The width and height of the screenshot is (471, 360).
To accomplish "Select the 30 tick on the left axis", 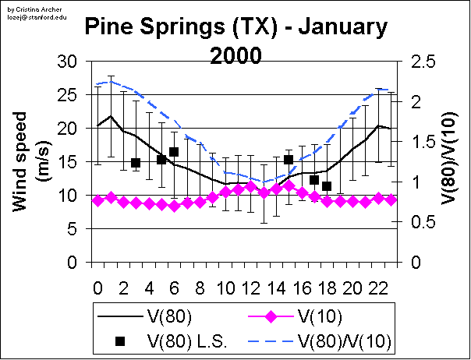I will (69, 62).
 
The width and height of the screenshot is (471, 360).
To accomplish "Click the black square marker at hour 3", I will (136, 163).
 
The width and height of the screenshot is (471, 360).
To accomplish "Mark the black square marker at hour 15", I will (289, 160).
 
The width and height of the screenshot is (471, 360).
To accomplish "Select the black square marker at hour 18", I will (327, 186).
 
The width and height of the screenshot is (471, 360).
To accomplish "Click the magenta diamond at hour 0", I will (97, 200).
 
